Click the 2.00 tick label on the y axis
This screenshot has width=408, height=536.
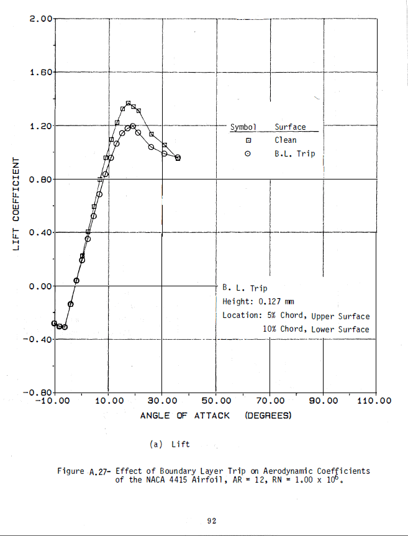[42, 19]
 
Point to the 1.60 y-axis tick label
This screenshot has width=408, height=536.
[42, 73]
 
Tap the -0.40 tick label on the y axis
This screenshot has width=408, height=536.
[39, 340]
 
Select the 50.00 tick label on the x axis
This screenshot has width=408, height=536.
[216, 401]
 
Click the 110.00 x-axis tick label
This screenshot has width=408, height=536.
[374, 401]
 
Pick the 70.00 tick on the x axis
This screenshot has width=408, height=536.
[270, 401]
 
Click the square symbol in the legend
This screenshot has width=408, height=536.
[248, 140]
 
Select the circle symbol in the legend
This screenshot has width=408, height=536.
[248, 153]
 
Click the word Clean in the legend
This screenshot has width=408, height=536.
[286, 140]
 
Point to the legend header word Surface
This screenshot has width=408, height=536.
[290, 127]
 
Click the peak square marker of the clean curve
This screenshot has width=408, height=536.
[129, 103]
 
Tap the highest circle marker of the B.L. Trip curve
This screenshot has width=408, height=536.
[133, 126]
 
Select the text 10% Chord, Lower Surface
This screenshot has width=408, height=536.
[315, 329]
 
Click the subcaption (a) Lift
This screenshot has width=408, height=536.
[170, 444]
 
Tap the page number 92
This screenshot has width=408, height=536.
[212, 520]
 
